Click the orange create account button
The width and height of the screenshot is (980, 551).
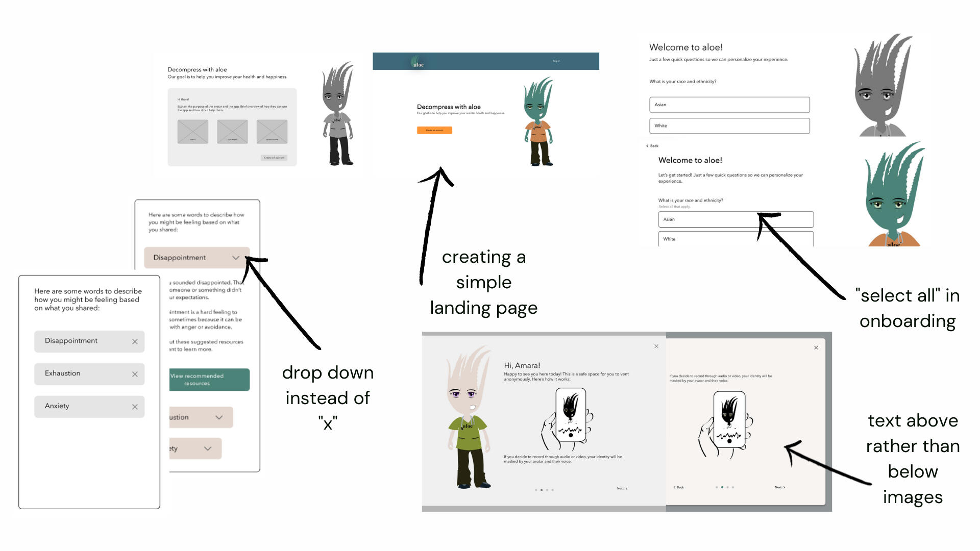click(434, 130)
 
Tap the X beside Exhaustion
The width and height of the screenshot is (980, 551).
click(135, 374)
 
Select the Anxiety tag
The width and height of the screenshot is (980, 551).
click(89, 407)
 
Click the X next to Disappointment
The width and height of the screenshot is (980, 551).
click(135, 341)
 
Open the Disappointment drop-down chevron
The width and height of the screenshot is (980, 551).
click(236, 258)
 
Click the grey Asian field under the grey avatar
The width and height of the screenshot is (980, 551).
click(729, 105)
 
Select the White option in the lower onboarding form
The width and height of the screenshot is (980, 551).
click(735, 239)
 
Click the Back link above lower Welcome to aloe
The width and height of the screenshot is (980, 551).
click(653, 146)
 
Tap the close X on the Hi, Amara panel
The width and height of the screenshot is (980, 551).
click(656, 346)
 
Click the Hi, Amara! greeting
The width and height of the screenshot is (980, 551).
click(522, 365)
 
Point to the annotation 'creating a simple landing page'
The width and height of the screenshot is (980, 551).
click(483, 282)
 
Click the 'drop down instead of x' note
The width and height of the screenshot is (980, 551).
click(328, 397)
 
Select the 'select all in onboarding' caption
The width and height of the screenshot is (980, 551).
click(908, 308)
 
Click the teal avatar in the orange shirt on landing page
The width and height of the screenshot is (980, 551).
click(538, 122)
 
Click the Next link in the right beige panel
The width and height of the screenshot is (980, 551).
click(779, 487)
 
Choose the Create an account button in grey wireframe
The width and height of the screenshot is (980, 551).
click(274, 158)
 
